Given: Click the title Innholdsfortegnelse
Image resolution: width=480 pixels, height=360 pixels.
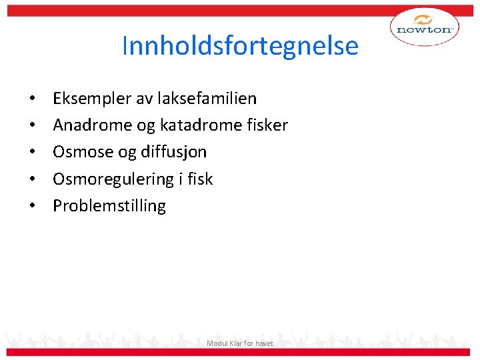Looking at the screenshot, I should pos(240,46).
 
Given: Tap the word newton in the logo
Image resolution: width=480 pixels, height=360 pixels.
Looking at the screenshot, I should pos(424,30).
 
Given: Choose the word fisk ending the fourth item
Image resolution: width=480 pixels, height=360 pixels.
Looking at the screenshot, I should pos(200,179).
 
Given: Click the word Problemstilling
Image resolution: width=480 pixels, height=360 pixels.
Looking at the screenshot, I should pos(109,205).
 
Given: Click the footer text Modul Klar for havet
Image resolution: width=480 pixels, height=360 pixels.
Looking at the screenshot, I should pos(240,343).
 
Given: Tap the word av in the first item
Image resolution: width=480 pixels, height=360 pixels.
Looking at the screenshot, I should pos(145,99).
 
